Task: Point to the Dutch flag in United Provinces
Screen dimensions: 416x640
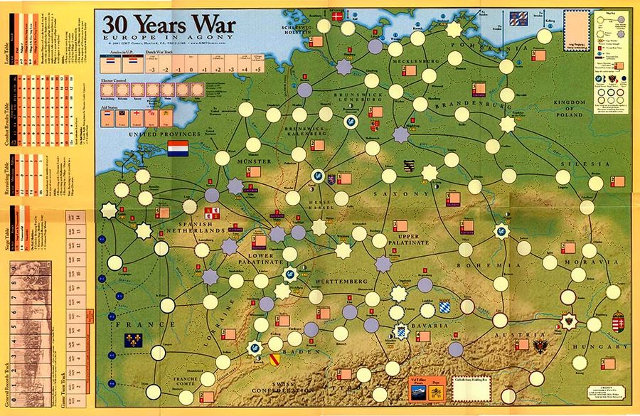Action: (x=178, y=148)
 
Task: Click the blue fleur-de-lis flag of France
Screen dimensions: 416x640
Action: (x=132, y=341)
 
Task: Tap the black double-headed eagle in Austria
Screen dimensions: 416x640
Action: (x=543, y=346)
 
